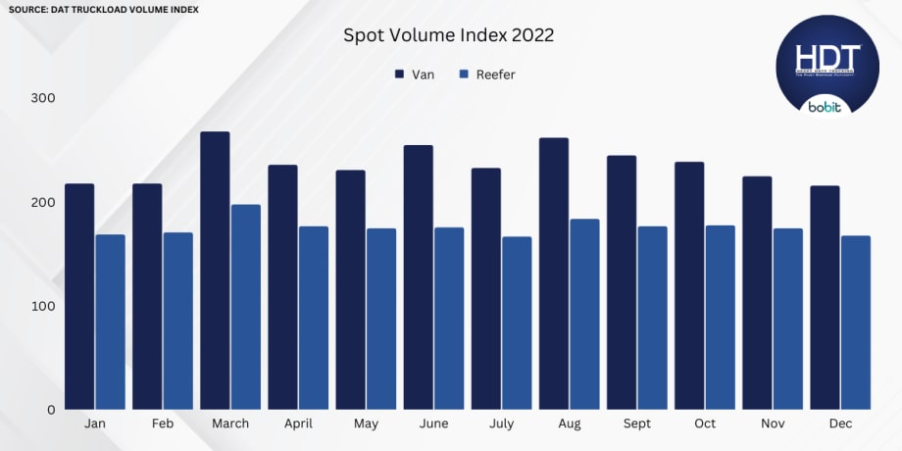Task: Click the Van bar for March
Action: coord(215,271)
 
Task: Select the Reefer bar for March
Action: coord(246,307)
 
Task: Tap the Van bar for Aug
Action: coord(554,274)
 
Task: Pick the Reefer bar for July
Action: coord(517,323)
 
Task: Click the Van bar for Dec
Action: coord(825,297)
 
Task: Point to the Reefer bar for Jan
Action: coord(110,322)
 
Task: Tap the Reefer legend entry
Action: coord(486,75)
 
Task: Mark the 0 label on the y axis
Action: coord(51,410)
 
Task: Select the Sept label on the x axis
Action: coord(636,424)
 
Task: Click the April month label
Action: coord(298,424)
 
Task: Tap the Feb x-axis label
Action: coord(163,424)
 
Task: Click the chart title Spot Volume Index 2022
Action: coord(448,35)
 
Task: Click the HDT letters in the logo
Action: coord(827,57)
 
